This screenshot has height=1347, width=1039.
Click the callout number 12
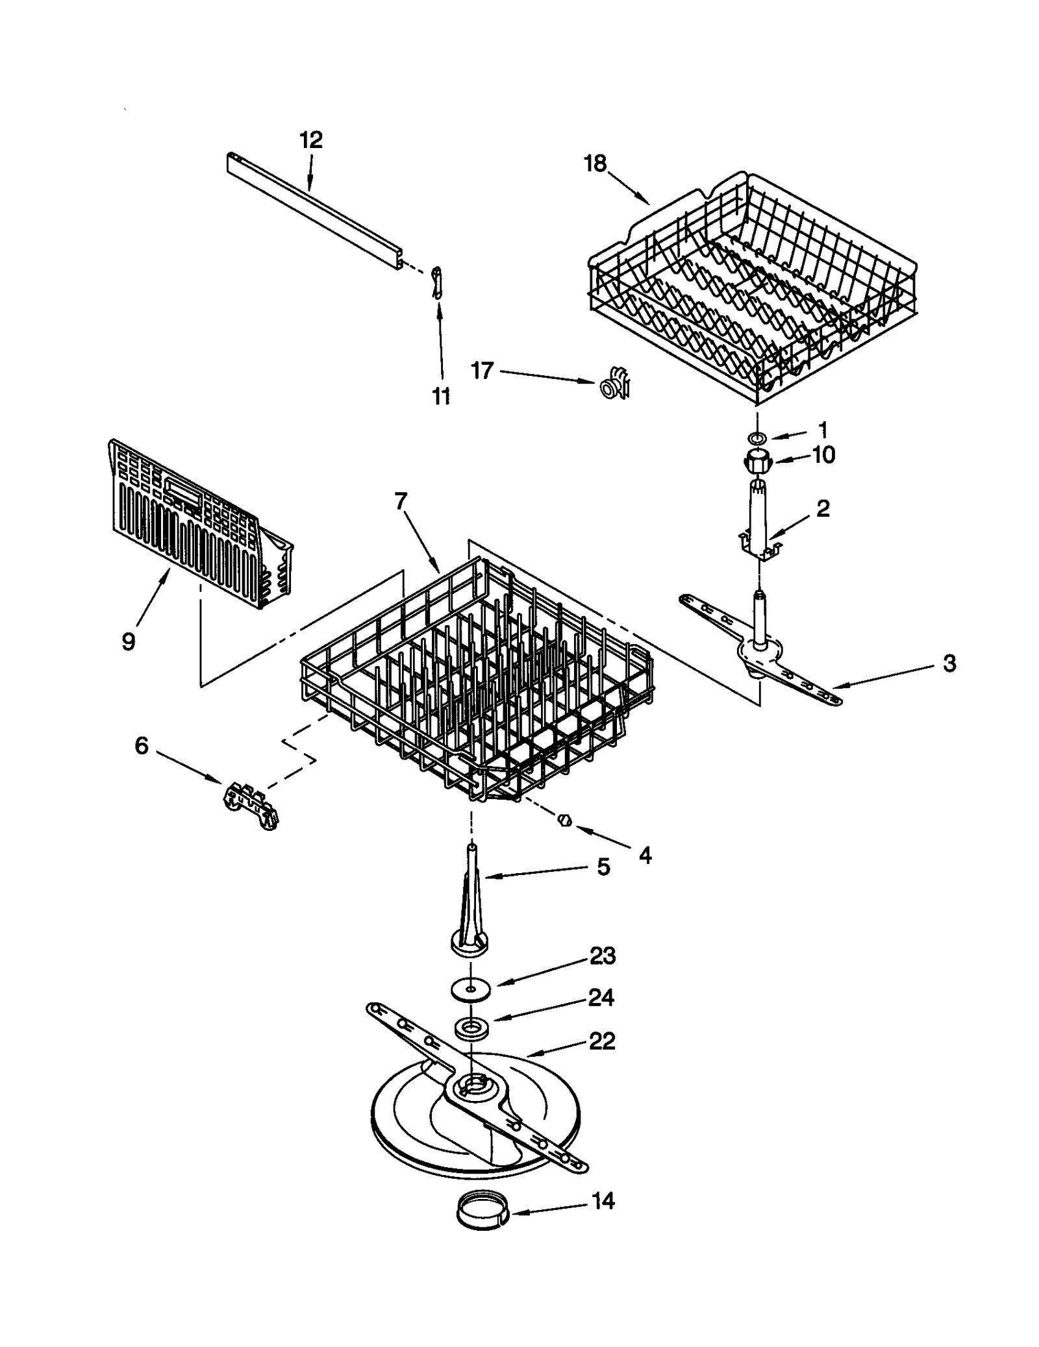click(x=311, y=140)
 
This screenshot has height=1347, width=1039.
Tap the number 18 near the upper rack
click(x=595, y=164)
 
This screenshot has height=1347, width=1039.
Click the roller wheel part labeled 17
click(x=614, y=385)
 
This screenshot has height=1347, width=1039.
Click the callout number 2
click(x=823, y=508)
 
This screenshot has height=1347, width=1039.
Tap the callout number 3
click(x=949, y=663)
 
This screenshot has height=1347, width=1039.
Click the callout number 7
click(x=401, y=500)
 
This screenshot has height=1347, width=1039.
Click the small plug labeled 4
click(x=564, y=821)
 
